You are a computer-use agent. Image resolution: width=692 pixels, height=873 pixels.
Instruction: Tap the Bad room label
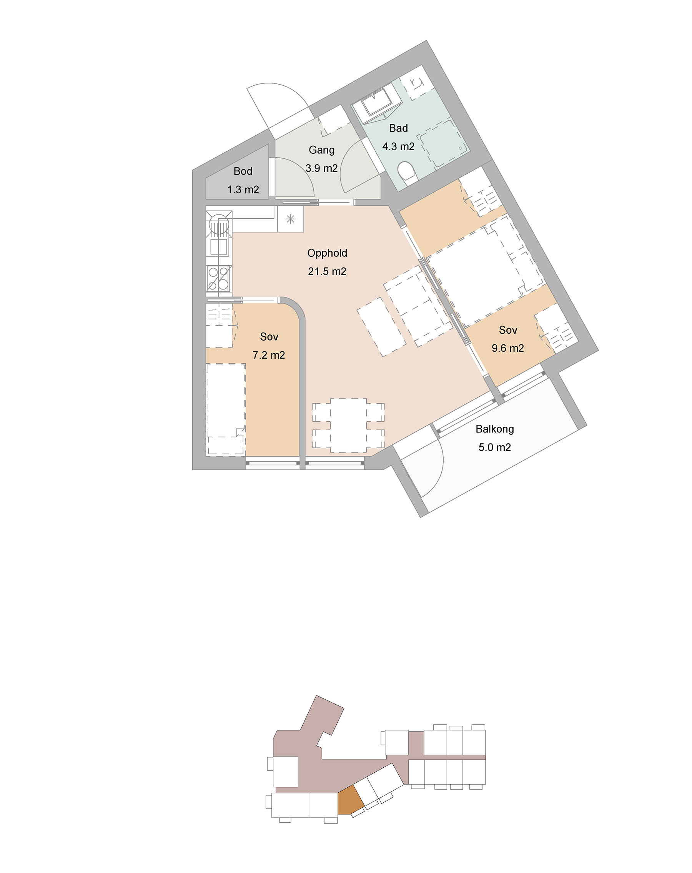click(398, 128)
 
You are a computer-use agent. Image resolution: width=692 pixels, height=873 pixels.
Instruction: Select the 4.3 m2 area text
click(398, 146)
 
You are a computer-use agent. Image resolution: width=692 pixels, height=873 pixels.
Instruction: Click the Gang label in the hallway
click(321, 150)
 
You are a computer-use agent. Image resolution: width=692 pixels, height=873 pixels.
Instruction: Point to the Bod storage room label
click(243, 171)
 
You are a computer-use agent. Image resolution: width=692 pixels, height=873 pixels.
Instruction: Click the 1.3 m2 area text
click(243, 190)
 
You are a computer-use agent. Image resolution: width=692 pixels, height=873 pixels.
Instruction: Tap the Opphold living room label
click(327, 253)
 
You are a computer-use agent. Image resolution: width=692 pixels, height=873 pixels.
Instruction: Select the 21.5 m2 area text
click(327, 271)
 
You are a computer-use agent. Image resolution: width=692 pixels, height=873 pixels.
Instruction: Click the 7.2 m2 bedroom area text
click(268, 355)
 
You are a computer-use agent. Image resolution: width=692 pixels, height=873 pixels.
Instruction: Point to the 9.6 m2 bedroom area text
click(508, 348)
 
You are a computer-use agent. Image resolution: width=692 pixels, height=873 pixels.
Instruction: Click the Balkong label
click(495, 429)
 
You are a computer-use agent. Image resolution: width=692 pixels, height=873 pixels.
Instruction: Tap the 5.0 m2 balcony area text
click(494, 447)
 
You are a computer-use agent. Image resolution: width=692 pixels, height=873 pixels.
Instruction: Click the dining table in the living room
click(348, 426)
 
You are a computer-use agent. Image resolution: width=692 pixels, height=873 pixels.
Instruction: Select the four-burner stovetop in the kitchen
click(219, 278)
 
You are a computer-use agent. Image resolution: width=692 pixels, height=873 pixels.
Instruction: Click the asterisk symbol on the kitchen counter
click(290, 219)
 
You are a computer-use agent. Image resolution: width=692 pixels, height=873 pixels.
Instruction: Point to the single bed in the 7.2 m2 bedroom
click(226, 409)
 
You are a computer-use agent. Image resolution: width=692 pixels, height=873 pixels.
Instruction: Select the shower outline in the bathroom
click(443, 144)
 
